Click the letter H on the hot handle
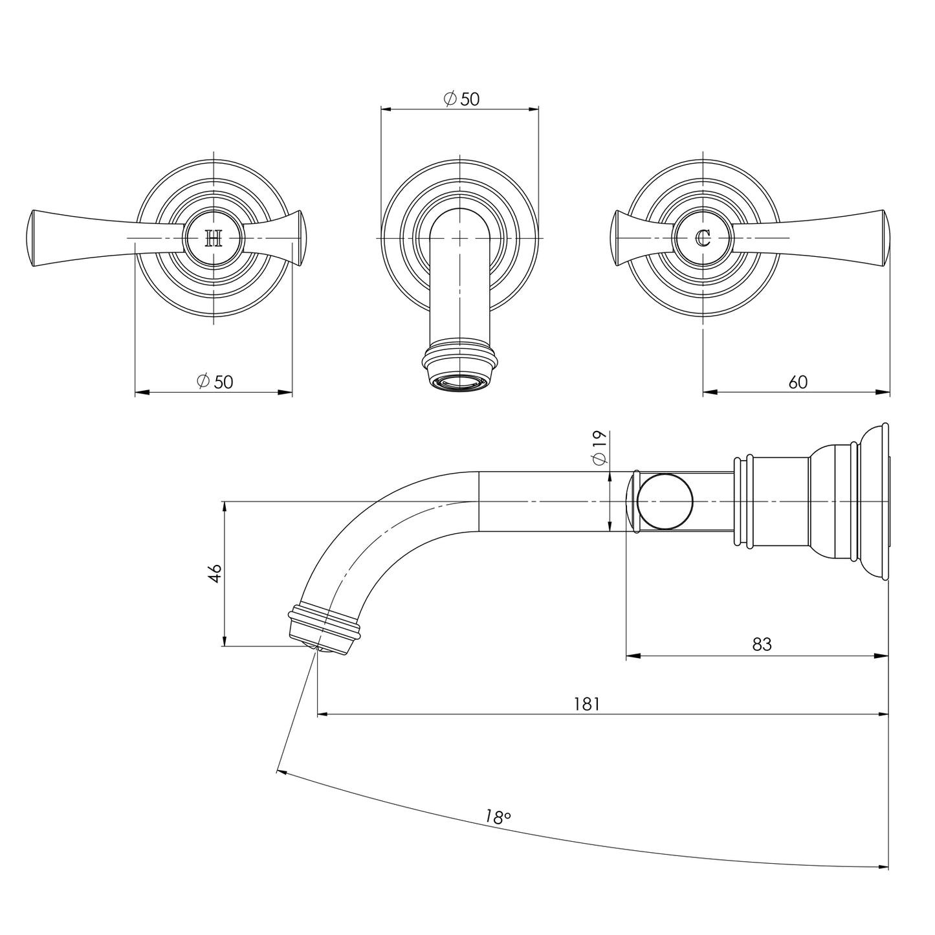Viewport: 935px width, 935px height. [x=214, y=239]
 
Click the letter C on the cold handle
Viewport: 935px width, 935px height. [x=703, y=239]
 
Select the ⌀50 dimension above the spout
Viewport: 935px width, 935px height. [x=461, y=99]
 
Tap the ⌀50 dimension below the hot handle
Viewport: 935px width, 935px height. [x=215, y=382]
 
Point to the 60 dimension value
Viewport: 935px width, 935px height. [x=798, y=382]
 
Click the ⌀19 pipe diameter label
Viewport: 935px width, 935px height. [x=599, y=447]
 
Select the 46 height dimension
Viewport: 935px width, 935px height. [x=215, y=573]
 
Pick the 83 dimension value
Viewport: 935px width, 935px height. [x=762, y=644]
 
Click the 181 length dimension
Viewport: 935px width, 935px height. [x=587, y=703]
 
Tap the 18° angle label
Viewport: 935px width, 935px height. [x=497, y=817]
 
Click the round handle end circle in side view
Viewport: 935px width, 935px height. [x=665, y=501]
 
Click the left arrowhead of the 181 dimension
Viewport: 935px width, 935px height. [x=324, y=714]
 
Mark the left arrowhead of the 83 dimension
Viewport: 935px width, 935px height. [x=632, y=655]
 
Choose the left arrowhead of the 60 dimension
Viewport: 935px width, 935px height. [x=709, y=391]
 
